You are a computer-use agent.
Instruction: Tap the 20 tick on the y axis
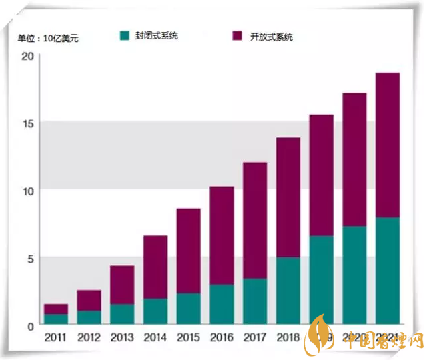[27, 56]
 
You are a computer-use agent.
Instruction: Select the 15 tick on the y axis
[27, 123]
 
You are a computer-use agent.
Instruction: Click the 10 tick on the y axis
[27, 191]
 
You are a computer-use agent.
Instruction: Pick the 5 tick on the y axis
[30, 258]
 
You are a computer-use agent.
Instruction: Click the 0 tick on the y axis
[30, 325]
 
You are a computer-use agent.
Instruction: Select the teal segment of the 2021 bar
[388, 270]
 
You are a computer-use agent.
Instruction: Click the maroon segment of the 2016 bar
[222, 235]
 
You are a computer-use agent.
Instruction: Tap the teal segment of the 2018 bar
[288, 290]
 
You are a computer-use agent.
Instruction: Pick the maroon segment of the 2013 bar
[122, 285]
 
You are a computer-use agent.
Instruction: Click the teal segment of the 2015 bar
[188, 308]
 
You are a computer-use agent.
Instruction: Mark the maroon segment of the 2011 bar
[56, 309]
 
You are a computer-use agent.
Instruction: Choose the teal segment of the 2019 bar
[322, 279]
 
